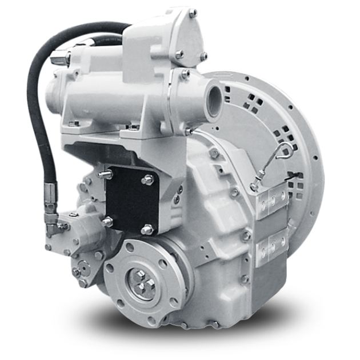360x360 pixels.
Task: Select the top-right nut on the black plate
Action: point(148,179)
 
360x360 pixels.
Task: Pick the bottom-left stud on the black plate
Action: point(106,222)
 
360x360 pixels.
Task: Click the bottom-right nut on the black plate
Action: point(147,230)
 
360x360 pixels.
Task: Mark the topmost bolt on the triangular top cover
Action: point(193,13)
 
